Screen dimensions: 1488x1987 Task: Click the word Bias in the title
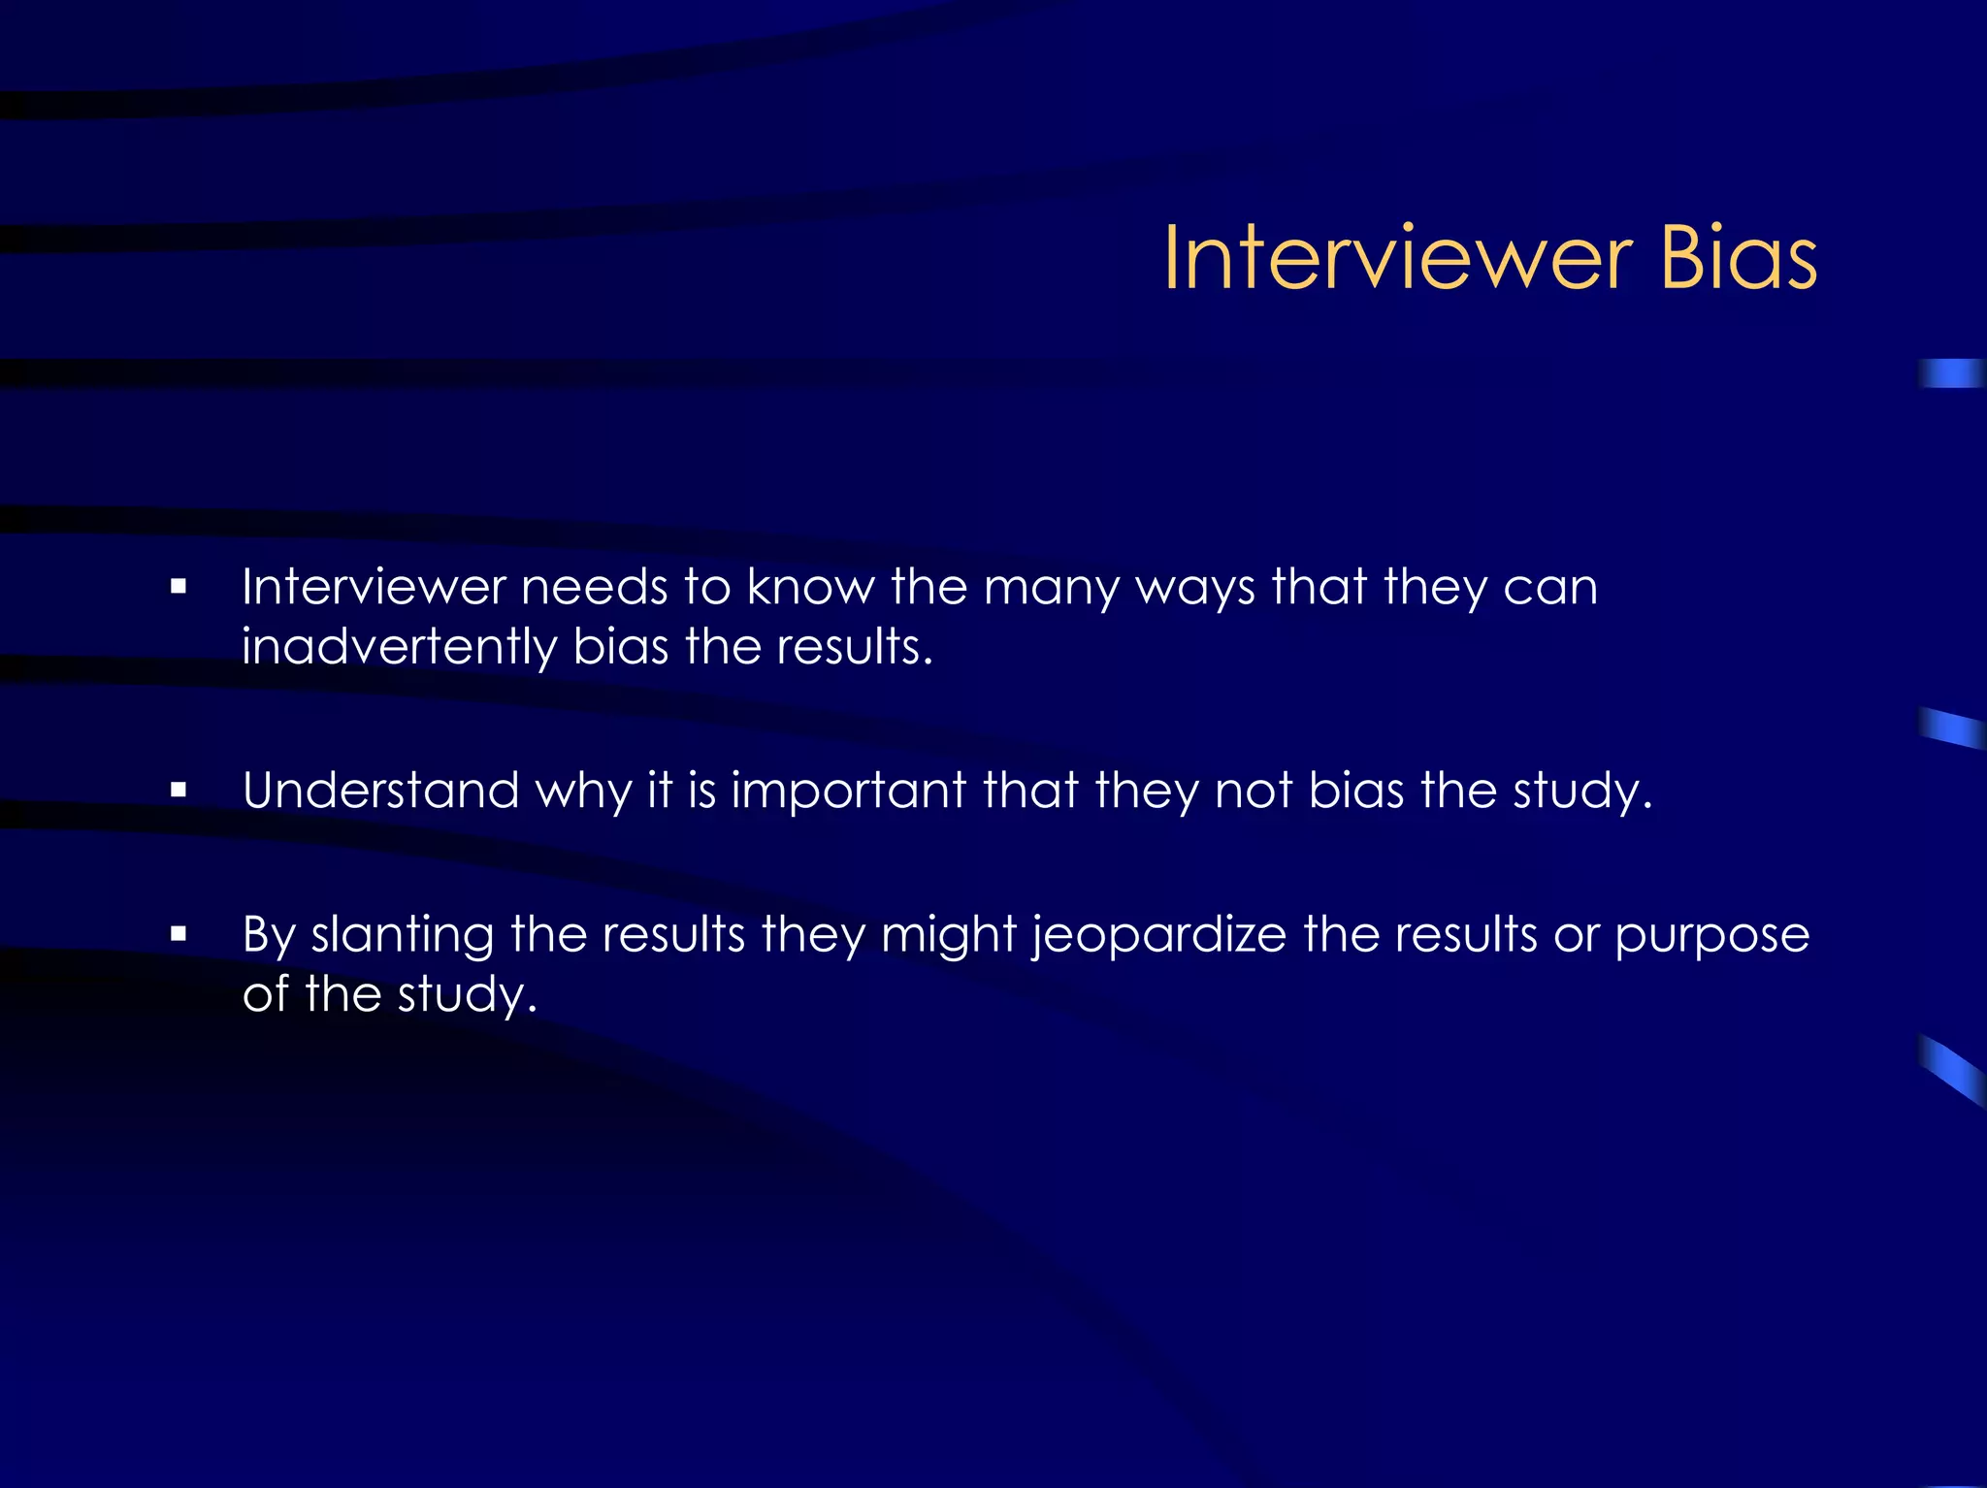[x=1738, y=258]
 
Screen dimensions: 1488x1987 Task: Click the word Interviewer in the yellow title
[x=1398, y=258]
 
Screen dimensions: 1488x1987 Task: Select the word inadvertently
[x=399, y=647]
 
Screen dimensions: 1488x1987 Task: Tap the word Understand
[x=381, y=791]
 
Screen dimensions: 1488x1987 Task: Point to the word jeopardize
[x=1158, y=937]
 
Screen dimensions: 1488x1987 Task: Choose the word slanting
[x=402, y=937]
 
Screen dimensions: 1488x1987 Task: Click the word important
[x=848, y=791]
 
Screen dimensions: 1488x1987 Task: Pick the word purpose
[x=1711, y=937]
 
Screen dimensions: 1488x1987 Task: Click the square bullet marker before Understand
[x=178, y=791]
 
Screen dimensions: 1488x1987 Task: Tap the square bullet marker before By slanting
[x=178, y=935]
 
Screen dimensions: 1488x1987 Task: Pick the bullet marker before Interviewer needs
[x=178, y=586]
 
